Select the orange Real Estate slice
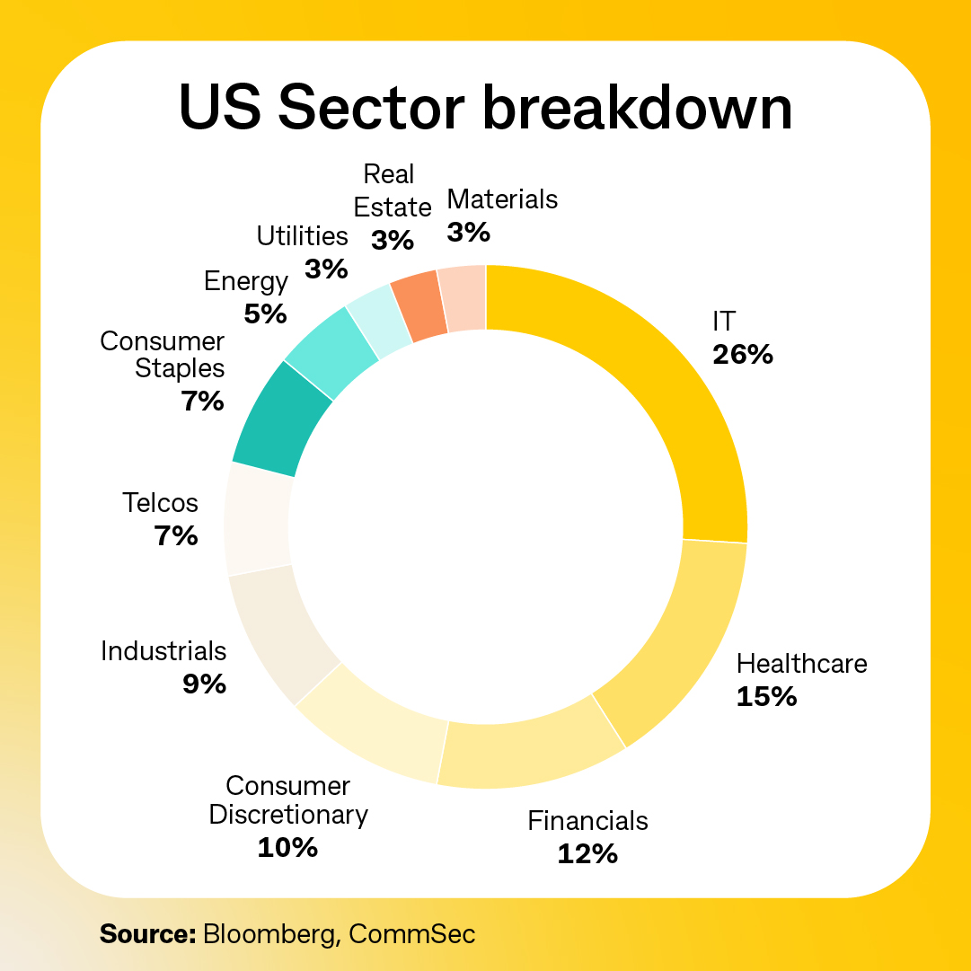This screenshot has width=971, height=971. (419, 305)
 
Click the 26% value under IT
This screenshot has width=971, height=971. (742, 355)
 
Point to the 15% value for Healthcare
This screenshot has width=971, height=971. (766, 696)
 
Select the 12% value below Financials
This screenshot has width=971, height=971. (587, 852)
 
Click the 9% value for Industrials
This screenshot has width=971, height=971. (204, 684)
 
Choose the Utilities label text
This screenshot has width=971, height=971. (302, 236)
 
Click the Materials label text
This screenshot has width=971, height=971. (502, 199)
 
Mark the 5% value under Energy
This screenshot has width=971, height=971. (265, 313)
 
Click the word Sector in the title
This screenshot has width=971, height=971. (371, 109)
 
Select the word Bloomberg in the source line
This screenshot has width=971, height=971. (271, 933)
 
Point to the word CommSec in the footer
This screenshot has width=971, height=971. (411, 933)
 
